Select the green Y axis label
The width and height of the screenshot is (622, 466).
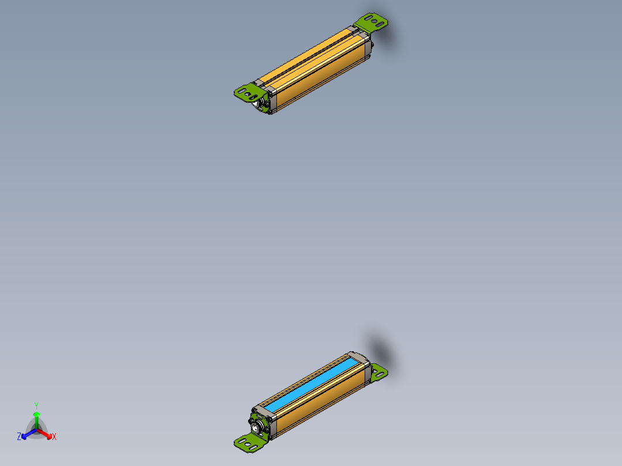coord(36,405)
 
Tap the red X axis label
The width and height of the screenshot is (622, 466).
coord(54,437)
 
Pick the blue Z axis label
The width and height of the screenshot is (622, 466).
coord(19,437)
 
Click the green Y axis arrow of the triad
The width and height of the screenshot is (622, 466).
coord(36,416)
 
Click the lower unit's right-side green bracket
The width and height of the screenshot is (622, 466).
coord(379,372)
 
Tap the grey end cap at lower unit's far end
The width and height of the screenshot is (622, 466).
coord(358,358)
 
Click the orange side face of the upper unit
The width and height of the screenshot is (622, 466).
coord(323,75)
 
